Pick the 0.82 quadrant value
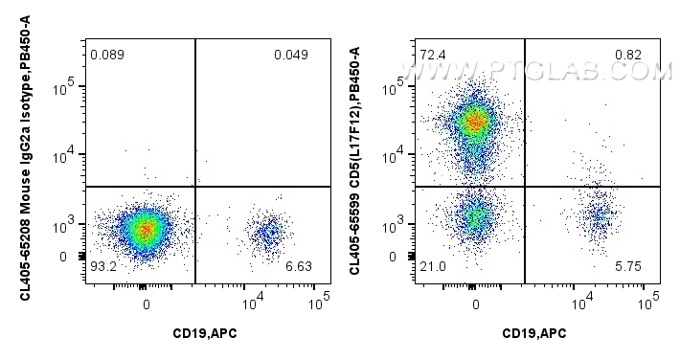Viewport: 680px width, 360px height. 627,55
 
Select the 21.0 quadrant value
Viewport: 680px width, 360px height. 432,265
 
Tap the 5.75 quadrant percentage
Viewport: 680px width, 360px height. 627,265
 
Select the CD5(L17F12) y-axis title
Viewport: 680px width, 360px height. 355,160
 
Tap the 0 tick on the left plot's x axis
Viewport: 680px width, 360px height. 147,304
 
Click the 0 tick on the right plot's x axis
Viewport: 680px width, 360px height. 476,304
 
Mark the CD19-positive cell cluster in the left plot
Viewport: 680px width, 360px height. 268,231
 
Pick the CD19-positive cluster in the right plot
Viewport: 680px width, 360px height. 600,216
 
